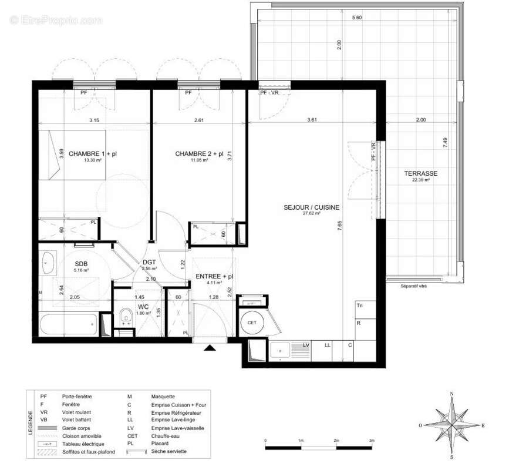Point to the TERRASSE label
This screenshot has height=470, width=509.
click(420, 173)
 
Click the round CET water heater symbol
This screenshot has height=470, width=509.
click(252, 323)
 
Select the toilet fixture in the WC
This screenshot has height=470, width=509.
click(125, 318)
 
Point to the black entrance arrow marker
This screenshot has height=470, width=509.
click(210, 348)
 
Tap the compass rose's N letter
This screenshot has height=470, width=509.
click(451, 394)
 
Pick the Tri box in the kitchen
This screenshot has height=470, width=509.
click(359, 306)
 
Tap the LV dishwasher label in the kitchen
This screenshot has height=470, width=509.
click(306, 345)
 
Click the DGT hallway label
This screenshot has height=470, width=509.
click(149, 263)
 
